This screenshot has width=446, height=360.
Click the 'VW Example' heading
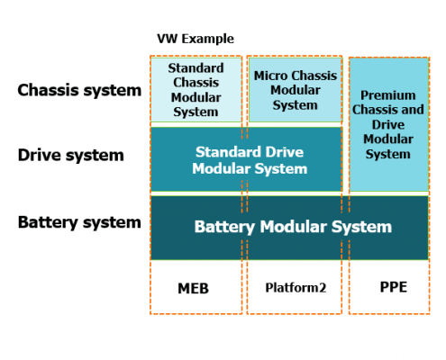click(x=195, y=39)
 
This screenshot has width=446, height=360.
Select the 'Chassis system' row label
click(x=79, y=90)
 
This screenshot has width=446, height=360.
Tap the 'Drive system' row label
click(x=70, y=155)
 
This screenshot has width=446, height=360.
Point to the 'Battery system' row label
click(x=79, y=222)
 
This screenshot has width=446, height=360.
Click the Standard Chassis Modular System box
click(x=196, y=90)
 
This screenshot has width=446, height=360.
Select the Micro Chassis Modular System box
click(x=295, y=90)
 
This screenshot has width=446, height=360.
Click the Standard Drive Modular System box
click(x=246, y=160)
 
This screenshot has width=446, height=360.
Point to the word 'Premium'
click(x=388, y=94)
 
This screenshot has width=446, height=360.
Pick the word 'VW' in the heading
click(x=167, y=39)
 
